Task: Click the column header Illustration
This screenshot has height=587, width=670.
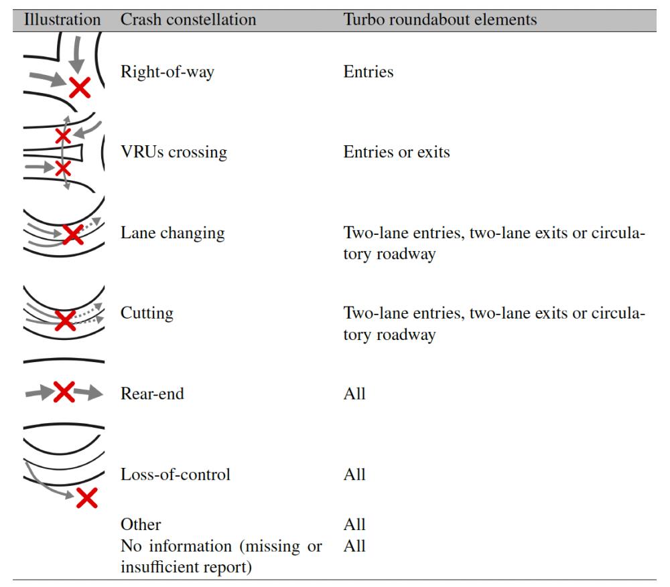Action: (62, 20)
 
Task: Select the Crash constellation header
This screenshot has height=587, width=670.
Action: (188, 20)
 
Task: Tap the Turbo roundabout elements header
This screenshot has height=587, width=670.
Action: (440, 20)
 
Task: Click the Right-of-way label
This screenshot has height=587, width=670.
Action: (167, 72)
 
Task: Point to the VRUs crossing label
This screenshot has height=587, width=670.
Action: (174, 153)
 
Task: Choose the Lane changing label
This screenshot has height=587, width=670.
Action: (173, 233)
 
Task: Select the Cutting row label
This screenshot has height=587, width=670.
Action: (147, 313)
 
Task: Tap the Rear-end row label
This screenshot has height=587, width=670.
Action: (152, 394)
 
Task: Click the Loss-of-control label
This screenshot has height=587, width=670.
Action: (176, 475)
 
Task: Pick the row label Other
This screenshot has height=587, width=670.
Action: (141, 524)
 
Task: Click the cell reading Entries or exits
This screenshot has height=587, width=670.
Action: (397, 153)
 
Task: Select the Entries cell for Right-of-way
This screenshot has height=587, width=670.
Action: (368, 72)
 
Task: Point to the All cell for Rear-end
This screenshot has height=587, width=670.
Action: (354, 394)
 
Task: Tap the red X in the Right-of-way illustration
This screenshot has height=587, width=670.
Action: (80, 86)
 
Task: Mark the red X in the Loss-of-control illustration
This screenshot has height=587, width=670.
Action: (87, 497)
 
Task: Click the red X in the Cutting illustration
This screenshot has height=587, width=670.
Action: (65, 321)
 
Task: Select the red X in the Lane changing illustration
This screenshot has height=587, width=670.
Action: (72, 234)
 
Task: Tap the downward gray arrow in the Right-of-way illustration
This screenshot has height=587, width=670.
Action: (79, 54)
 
